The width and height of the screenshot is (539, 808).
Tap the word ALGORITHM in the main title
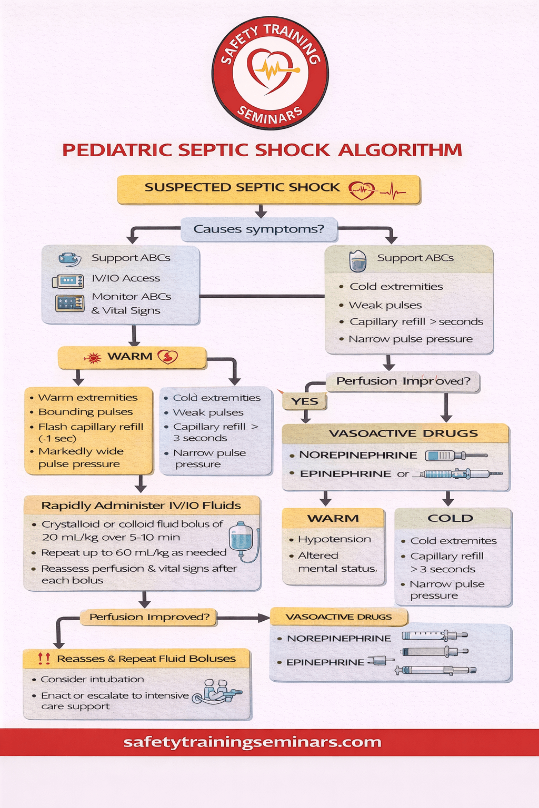tap(400, 150)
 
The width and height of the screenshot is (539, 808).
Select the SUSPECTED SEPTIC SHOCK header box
tap(268, 189)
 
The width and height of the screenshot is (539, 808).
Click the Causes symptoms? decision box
tap(258, 229)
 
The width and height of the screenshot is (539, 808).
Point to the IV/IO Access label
tap(126, 278)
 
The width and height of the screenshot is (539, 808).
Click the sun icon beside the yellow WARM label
tap(93, 358)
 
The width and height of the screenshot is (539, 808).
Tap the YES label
tap(305, 401)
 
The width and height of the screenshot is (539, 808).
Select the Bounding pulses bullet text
tap(85, 412)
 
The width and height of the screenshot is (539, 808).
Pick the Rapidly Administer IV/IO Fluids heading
tap(141, 506)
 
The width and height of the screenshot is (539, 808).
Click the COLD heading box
tap(451, 518)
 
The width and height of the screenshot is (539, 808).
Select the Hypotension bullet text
tap(334, 539)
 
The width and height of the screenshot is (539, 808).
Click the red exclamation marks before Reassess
tap(44, 658)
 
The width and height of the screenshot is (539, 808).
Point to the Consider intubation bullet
tap(92, 680)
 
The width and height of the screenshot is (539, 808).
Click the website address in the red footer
tap(252, 742)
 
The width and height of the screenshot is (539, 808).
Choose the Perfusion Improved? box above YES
tap(403, 381)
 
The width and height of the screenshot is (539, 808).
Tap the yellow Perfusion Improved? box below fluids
tap(149, 617)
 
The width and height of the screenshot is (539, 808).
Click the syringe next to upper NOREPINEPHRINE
tap(455, 456)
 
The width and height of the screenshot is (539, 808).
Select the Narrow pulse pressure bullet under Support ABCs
tap(411, 339)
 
